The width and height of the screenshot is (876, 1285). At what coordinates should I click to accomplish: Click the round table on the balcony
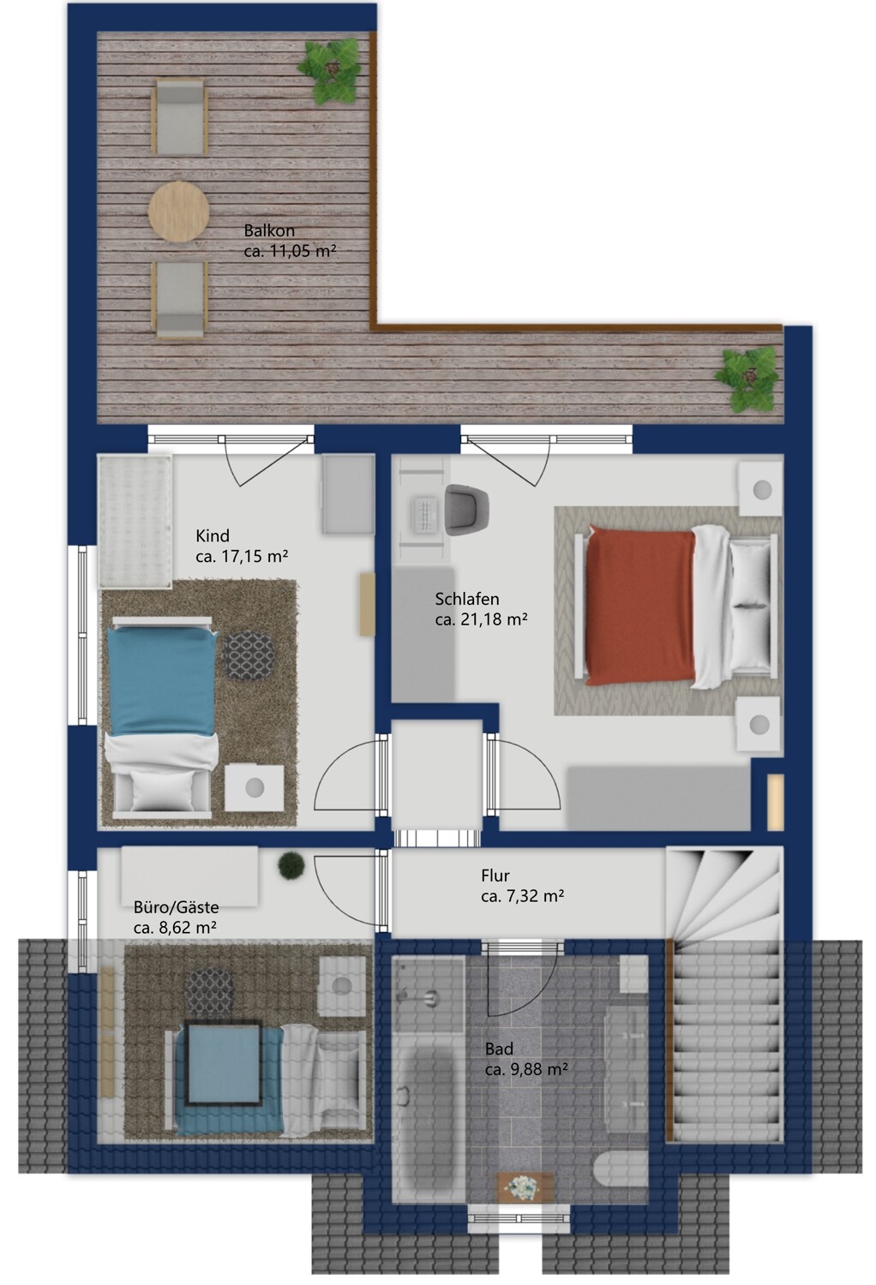click(178, 212)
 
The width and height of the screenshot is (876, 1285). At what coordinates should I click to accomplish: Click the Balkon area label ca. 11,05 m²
click(290, 251)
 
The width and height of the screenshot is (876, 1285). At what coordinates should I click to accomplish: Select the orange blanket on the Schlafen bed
click(640, 607)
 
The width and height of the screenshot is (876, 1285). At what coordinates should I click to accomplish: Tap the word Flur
click(495, 876)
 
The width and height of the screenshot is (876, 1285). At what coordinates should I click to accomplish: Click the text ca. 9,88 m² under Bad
click(526, 1069)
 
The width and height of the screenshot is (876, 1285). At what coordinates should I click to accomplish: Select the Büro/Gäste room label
click(176, 907)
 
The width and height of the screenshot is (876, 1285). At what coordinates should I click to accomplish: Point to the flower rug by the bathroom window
click(525, 1186)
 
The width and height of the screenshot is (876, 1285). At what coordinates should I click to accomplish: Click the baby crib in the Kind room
click(135, 521)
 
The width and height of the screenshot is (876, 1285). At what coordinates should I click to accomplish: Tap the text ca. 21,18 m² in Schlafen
click(481, 619)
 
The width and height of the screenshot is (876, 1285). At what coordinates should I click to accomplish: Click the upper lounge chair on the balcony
click(179, 117)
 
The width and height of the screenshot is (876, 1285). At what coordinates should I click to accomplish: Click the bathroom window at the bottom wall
click(519, 1217)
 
